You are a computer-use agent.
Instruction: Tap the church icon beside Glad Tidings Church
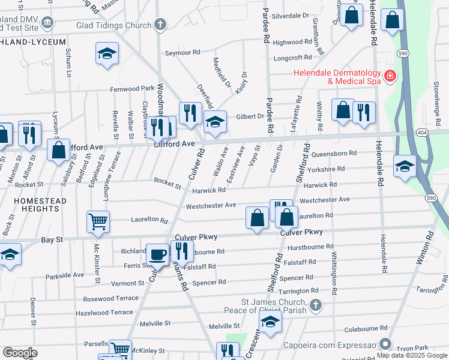(160, 25)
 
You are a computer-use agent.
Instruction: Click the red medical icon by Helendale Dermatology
(390, 76)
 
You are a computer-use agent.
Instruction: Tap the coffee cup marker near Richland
(158, 254)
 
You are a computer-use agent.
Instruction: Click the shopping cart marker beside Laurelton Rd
(98, 221)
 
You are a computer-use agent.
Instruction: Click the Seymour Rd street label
(182, 53)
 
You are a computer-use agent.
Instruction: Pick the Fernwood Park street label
(132, 89)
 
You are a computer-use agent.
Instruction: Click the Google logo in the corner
(20, 352)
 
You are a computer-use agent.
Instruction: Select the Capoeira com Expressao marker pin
(385, 345)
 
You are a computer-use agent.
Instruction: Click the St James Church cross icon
(316, 305)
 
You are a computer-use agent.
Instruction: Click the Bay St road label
(52, 240)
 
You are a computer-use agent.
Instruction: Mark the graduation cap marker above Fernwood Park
(107, 53)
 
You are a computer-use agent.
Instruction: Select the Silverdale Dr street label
(291, 15)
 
